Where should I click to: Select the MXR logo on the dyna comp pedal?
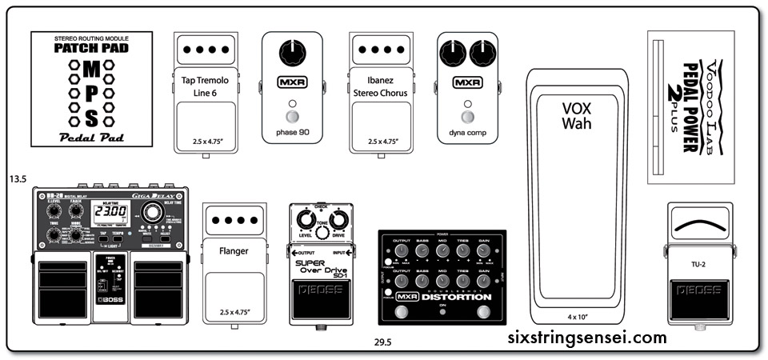click(x=467, y=82)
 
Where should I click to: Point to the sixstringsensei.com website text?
click(x=587, y=338)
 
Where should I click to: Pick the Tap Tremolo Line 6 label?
click(x=205, y=86)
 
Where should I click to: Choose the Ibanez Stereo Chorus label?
click(x=380, y=86)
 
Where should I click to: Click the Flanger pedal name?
click(x=234, y=250)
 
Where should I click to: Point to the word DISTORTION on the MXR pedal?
click(x=460, y=298)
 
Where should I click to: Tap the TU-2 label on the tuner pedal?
click(x=699, y=261)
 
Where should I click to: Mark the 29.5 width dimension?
click(x=382, y=342)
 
